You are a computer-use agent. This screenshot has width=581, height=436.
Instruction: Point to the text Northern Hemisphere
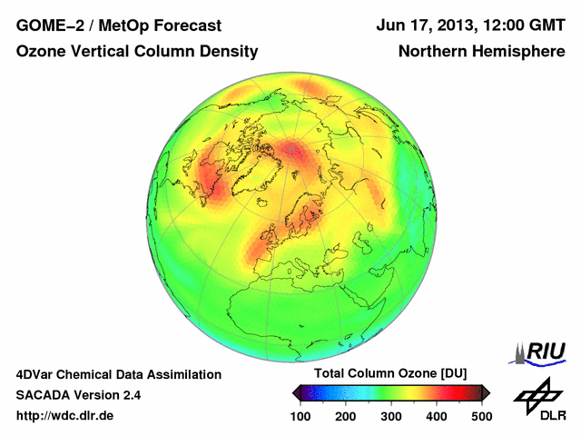pyautogui.click(x=481, y=53)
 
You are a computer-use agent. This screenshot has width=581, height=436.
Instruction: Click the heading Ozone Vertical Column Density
pyautogui.click(x=137, y=53)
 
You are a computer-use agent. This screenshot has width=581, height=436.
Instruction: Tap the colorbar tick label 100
pyautogui.click(x=300, y=415)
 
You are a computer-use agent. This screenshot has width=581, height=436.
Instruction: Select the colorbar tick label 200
pyautogui.click(x=345, y=415)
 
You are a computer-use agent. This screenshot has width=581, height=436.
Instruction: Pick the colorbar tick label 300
pyautogui.click(x=390, y=415)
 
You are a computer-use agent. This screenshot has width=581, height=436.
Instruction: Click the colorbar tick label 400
pyautogui.click(x=436, y=415)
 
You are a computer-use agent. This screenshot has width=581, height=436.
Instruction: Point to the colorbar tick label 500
pyautogui.click(x=481, y=415)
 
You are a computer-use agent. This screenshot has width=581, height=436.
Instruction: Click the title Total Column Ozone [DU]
pyautogui.click(x=389, y=374)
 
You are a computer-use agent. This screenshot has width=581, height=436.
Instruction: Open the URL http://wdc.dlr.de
pyautogui.click(x=65, y=415)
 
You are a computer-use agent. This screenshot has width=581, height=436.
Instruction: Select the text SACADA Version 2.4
pyautogui.click(x=79, y=395)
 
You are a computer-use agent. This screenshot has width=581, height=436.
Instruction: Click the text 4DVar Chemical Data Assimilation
pyautogui.click(x=118, y=374)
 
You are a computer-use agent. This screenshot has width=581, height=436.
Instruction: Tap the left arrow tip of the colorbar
pyautogui.click(x=295, y=392)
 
